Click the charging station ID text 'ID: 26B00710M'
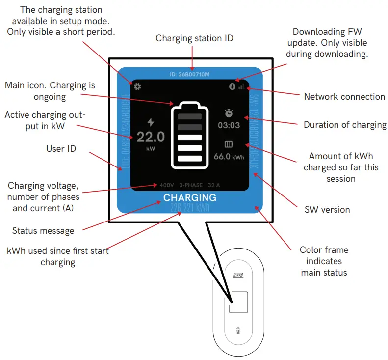(189, 75)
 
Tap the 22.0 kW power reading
(151, 137)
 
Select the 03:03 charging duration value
(229, 125)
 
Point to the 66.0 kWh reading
(229, 157)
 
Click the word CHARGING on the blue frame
(189, 197)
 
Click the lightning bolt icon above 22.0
(151, 122)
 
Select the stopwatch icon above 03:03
(229, 112)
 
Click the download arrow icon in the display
(232, 87)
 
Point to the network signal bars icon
(241, 86)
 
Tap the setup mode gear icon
(137, 87)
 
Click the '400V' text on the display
(167, 186)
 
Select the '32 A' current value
(214, 186)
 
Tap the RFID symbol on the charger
(238, 331)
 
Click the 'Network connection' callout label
(344, 97)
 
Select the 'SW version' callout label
(327, 210)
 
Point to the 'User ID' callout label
(61, 148)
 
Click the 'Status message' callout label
(43, 230)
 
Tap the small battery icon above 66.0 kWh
(229, 144)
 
